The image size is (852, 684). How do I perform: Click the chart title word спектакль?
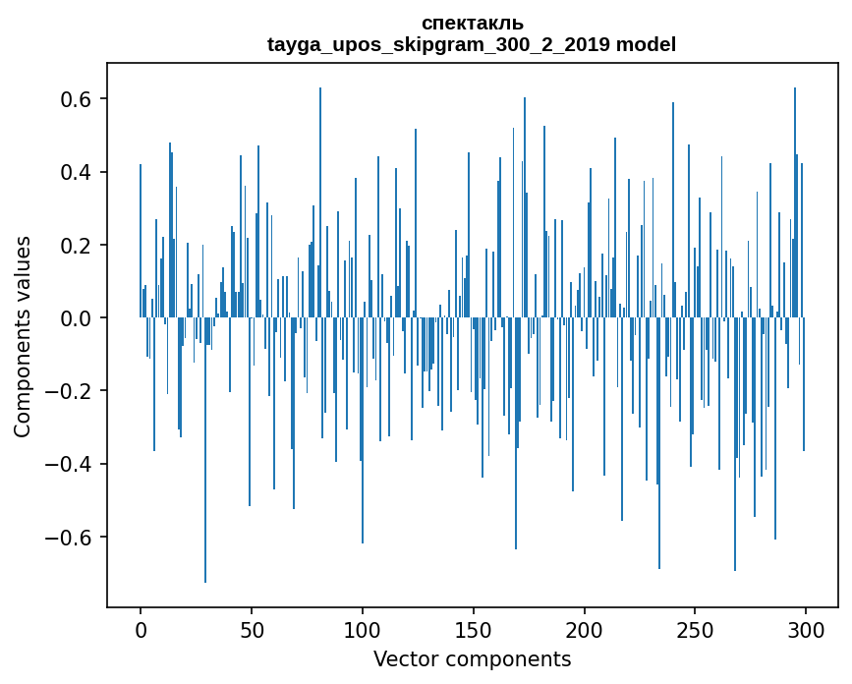point(472,23)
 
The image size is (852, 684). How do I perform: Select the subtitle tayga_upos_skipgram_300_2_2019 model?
point(472,44)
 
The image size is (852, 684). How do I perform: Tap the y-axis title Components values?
point(23,336)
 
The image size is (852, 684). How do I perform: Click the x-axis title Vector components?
point(472,658)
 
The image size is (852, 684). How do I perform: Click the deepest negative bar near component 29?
point(205,452)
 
